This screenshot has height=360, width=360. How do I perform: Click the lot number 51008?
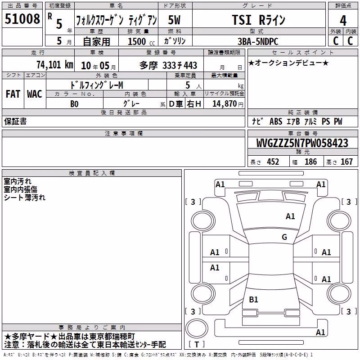(x=22, y=19)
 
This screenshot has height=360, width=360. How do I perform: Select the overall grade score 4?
(x=343, y=21)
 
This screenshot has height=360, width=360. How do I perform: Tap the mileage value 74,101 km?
(x=55, y=65)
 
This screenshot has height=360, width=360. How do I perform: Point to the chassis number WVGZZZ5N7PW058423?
(x=302, y=143)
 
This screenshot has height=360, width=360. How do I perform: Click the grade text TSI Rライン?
(x=258, y=20)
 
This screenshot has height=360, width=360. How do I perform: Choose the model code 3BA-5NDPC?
(x=258, y=41)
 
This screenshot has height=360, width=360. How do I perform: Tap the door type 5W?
(x=174, y=20)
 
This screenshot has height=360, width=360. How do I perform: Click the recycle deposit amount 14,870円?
(x=228, y=104)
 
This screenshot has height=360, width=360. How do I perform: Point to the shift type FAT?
(x=13, y=94)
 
